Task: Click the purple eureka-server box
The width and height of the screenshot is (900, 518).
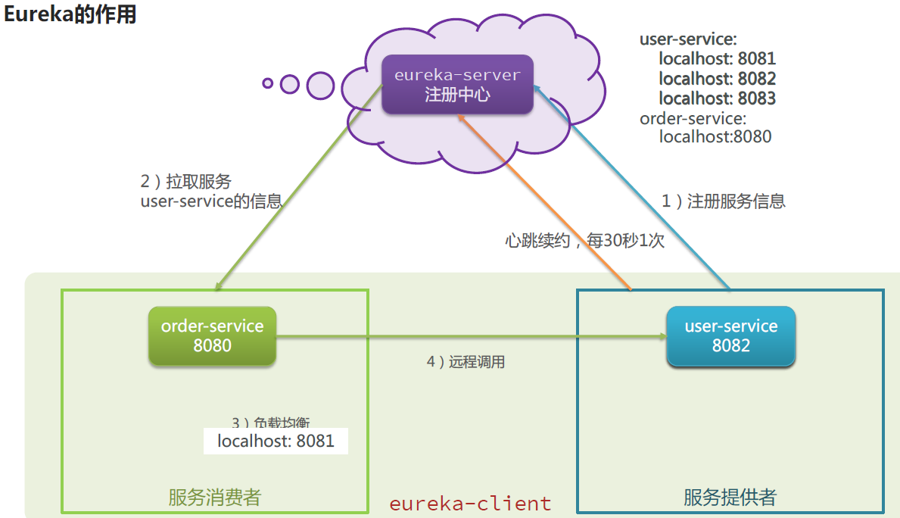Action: click(x=456, y=85)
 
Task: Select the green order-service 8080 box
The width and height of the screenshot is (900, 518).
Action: click(x=212, y=336)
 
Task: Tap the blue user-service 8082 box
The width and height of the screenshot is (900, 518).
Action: click(x=730, y=336)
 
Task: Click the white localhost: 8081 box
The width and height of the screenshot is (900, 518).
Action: click(x=276, y=441)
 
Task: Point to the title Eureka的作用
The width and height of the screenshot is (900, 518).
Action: click(x=70, y=14)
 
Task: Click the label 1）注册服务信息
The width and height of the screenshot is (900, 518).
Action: click(x=724, y=201)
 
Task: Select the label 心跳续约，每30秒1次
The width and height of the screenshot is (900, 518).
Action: click(x=584, y=241)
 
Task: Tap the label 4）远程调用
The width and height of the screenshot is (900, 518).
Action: click(x=466, y=362)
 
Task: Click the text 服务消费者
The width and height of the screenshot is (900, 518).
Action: click(x=214, y=498)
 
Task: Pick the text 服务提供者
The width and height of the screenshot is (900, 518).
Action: click(x=730, y=498)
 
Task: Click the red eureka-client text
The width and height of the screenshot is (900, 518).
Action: click(x=470, y=503)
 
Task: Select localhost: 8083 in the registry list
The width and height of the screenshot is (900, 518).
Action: click(x=717, y=98)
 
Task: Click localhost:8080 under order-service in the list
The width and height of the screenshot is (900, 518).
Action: click(x=715, y=137)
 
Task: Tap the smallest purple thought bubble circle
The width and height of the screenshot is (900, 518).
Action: click(x=267, y=83)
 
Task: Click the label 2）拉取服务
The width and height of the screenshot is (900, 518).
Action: click(x=186, y=182)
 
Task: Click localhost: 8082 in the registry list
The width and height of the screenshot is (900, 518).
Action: click(x=717, y=79)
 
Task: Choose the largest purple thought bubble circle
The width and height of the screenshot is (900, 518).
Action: click(x=320, y=86)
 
